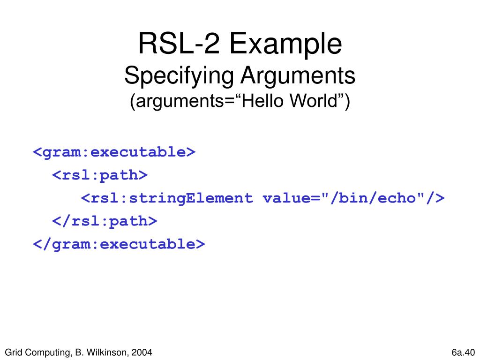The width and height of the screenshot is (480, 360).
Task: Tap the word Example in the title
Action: (285, 45)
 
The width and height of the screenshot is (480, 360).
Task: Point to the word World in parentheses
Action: (320, 102)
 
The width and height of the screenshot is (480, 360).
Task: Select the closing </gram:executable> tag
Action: (119, 244)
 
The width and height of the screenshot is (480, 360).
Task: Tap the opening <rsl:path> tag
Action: (100, 175)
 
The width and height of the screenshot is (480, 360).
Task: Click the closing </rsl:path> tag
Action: (105, 221)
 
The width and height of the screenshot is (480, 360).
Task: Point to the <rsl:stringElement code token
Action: (167, 198)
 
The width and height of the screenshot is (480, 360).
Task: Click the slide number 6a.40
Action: (463, 352)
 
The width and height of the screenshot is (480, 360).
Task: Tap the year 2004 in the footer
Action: (142, 352)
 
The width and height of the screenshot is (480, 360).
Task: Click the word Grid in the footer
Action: (13, 352)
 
